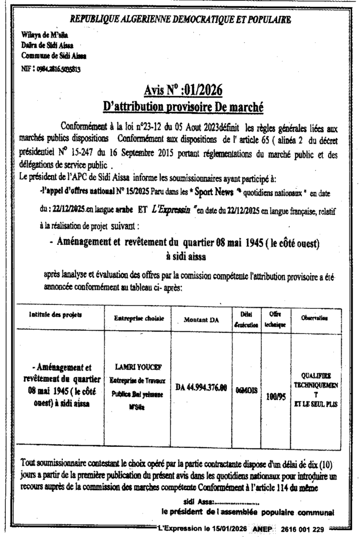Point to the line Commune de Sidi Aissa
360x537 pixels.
pos(54,55)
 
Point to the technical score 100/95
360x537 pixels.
pos(272,397)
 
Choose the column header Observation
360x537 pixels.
pos(314,318)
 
